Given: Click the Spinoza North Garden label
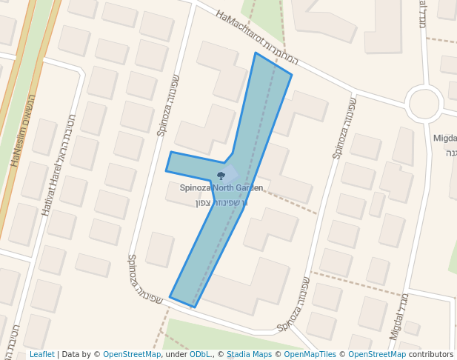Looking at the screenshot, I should (221, 188).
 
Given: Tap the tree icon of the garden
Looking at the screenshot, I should (221, 176).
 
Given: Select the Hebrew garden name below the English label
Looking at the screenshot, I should (220, 202).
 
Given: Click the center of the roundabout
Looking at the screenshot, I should (424, 104).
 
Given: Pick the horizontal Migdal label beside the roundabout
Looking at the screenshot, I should (444, 139).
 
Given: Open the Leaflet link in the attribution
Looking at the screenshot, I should (41, 355).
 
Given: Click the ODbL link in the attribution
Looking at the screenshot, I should (199, 355).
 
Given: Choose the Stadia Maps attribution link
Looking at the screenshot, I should (249, 355).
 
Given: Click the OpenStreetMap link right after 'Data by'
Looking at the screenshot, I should (132, 355).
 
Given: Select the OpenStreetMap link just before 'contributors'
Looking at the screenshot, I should (377, 355).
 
